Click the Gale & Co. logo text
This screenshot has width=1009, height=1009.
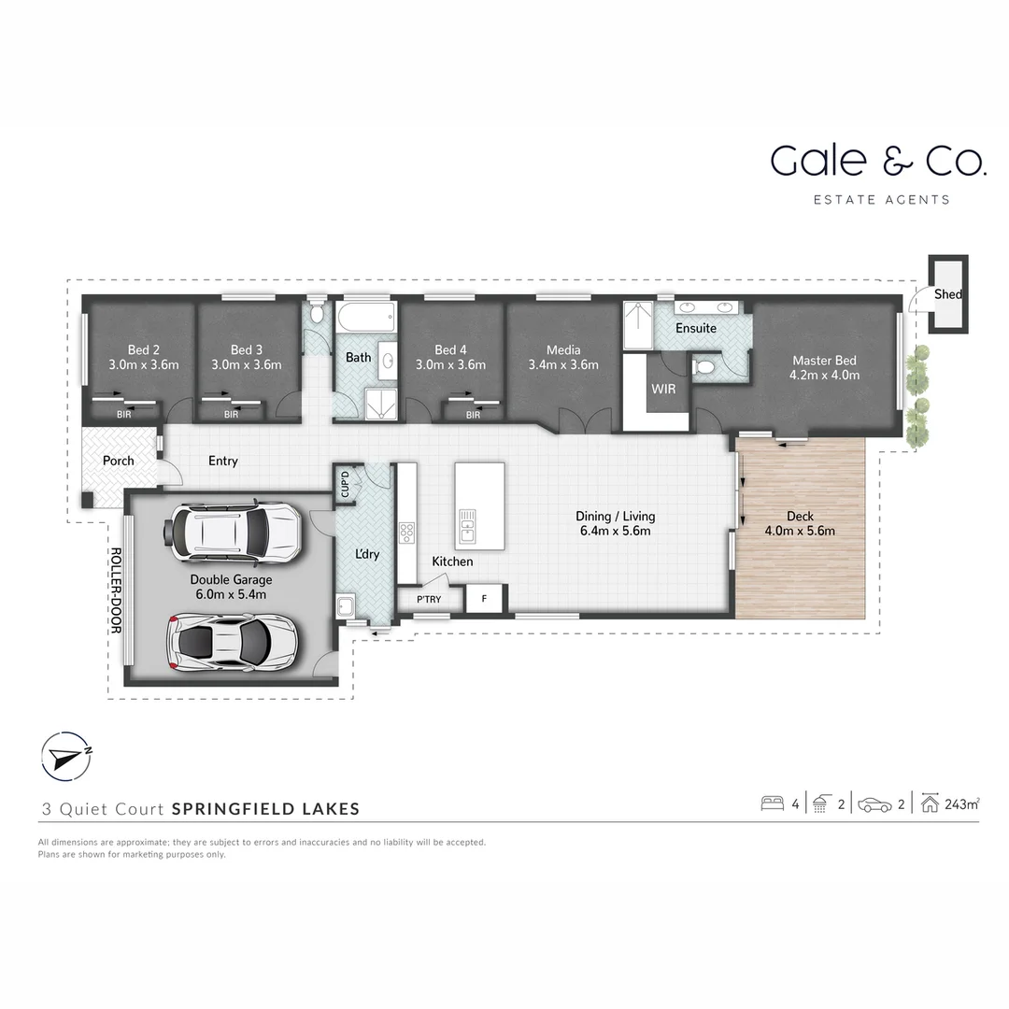coord(877,161)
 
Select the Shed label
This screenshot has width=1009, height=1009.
coord(947,294)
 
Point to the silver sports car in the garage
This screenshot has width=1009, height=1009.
coord(233,642)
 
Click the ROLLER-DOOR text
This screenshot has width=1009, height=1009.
coord(116,590)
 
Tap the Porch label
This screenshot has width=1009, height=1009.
coord(118,461)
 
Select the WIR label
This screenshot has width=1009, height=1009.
coord(663,389)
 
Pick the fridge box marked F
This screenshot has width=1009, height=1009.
coord(484,599)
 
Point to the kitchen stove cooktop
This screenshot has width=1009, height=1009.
coord(407,533)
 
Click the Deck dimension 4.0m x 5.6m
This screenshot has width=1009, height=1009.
coord(800,531)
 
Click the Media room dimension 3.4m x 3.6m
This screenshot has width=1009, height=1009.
coord(563,365)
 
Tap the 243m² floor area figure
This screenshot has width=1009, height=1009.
coord(961,803)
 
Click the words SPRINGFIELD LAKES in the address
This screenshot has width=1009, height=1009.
coord(265,809)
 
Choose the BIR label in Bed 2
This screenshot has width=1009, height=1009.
coord(123,414)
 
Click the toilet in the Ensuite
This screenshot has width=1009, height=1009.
coord(705,369)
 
